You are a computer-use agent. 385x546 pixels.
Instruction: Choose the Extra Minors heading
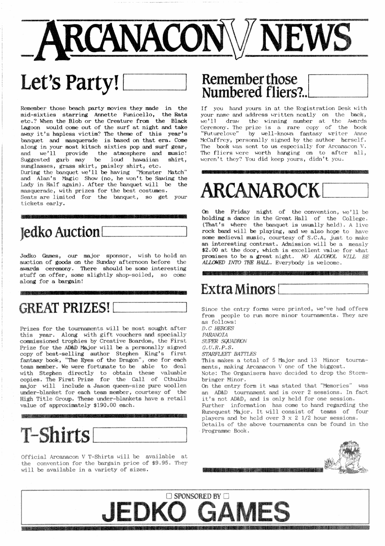(x=238, y=289)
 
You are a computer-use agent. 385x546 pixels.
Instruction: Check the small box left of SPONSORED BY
(x=169, y=496)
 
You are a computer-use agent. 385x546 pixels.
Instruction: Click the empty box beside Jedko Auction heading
(x=144, y=231)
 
